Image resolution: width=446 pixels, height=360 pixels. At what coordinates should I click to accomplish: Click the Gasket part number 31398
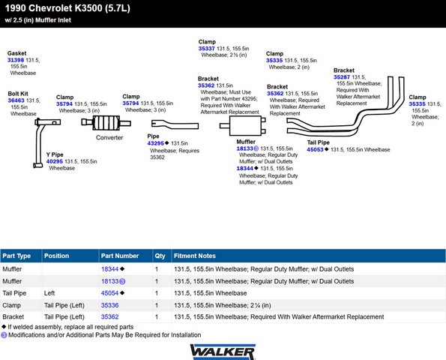pos(16,60)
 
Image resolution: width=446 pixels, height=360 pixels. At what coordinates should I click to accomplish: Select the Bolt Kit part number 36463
pos(16,100)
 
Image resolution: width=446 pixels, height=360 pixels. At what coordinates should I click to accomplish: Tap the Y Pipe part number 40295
pos(55,161)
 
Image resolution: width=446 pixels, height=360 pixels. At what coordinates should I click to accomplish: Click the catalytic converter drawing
pos(106,123)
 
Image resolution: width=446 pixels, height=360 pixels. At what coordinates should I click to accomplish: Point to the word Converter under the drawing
pos(109,137)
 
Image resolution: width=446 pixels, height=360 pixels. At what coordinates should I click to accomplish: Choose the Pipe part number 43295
pos(156,143)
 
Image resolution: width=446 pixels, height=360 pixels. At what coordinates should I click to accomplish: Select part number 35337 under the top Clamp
pos(206,49)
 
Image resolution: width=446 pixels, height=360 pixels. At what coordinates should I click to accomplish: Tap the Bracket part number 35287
pos(342,77)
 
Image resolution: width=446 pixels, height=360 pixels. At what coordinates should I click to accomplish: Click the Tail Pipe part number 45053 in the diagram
pos(315,149)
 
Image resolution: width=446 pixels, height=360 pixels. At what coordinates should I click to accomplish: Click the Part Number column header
pos(120,256)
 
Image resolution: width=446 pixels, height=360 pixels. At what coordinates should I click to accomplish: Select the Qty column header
pos(160,256)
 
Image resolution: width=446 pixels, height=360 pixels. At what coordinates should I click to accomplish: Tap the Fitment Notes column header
pos(195,256)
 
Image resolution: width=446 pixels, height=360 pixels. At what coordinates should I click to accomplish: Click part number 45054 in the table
pos(109,293)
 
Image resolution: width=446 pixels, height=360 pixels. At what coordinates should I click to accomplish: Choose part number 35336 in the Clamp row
pos(109,305)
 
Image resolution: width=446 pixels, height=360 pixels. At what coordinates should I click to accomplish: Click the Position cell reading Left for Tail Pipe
pos(49,293)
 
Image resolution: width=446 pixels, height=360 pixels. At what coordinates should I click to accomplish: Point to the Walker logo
pos(223,352)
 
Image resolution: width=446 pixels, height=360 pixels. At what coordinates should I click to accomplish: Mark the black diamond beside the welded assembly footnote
pos(4,327)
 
